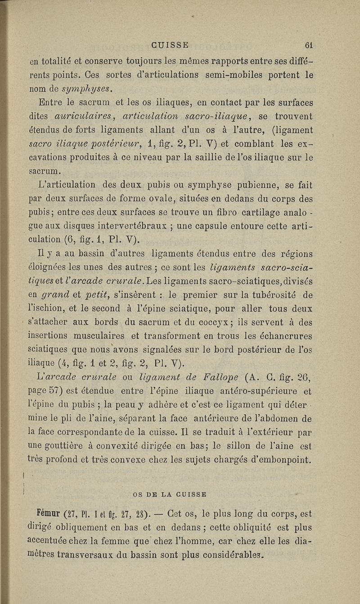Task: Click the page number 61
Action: click(308, 45)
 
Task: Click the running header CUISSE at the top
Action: click(171, 45)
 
